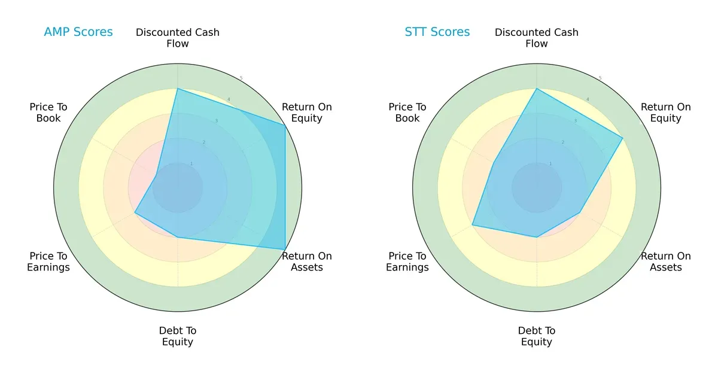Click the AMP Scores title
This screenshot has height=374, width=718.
click(78, 32)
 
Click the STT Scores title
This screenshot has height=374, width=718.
click(437, 32)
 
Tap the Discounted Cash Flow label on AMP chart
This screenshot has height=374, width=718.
click(178, 38)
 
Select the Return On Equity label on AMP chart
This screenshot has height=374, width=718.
click(306, 112)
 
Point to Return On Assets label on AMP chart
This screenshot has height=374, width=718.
click(306, 262)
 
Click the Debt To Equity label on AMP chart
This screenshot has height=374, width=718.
click(178, 336)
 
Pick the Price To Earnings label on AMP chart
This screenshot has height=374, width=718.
click(48, 262)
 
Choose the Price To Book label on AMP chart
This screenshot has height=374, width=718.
click(48, 112)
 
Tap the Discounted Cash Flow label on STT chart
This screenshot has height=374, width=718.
click(537, 38)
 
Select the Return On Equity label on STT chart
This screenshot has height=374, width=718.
click(665, 112)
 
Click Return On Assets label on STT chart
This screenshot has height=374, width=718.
click(665, 262)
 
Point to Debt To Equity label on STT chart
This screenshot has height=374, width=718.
click(537, 336)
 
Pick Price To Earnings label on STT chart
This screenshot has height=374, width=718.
click(407, 262)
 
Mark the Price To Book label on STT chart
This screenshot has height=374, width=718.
click(407, 112)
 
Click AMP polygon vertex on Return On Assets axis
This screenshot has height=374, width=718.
click(285, 250)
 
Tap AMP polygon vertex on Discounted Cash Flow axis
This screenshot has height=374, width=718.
click(178, 89)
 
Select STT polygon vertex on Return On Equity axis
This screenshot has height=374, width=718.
click(623, 138)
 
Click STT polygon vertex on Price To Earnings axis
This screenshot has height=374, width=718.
click(472, 225)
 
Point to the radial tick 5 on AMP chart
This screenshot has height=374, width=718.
click(241, 78)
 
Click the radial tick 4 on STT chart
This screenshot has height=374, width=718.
click(588, 99)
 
